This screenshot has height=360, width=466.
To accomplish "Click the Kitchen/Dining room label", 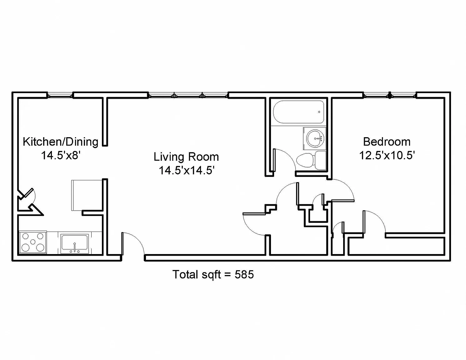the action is (60, 142).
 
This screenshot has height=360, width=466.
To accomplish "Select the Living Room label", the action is (186, 157).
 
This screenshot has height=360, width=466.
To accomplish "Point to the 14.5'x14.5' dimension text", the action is (187, 170).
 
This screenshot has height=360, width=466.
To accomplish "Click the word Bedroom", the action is (387, 142).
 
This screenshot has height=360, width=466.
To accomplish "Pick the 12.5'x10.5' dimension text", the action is (387, 155).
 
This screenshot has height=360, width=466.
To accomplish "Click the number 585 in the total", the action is (244, 274).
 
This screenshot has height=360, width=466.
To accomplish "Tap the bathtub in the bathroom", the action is (298, 112).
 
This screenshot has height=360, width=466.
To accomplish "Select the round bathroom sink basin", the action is (315, 138).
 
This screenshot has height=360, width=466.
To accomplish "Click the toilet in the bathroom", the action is (311, 160).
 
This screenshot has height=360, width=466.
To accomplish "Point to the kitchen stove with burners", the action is (33, 242).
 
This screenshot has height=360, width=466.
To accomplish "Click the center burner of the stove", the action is (33, 242).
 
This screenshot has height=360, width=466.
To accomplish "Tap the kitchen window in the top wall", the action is (60, 95).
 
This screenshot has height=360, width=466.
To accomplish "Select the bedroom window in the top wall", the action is (390, 95).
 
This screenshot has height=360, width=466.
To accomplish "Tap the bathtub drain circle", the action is (319, 112).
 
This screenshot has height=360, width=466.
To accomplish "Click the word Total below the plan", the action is (185, 274).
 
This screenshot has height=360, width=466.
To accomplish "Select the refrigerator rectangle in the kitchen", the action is (87, 195).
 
